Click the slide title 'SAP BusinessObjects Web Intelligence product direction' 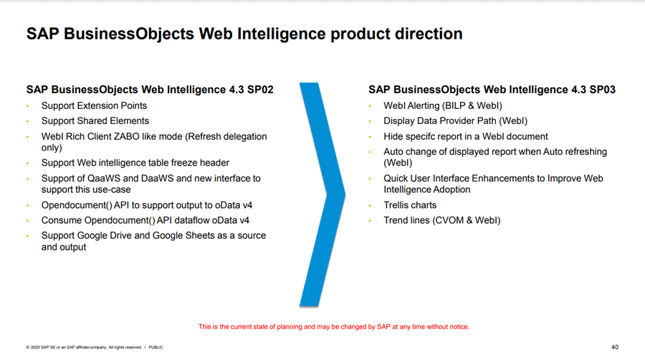244,34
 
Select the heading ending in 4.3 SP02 150,90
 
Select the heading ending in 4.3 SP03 492,90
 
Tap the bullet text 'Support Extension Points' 94,105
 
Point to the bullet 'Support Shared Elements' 95,121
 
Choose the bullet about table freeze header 135,163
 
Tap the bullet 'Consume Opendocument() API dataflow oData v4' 145,221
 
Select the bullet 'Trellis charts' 410,205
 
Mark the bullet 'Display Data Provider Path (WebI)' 455,121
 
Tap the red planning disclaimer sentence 333,327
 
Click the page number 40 615,347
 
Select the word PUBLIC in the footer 156,347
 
